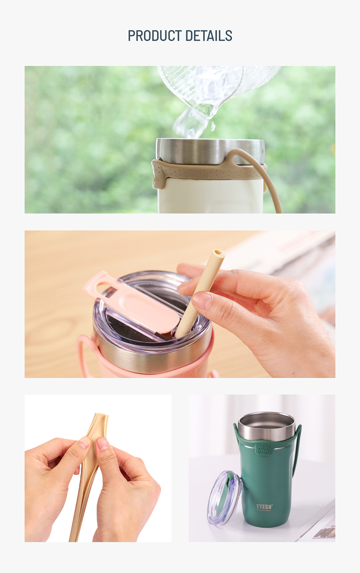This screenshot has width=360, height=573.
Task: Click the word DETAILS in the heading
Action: [x=209, y=36]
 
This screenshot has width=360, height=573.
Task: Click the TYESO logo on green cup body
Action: [x=264, y=507]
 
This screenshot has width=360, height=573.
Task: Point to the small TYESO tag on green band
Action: [x=264, y=451]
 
